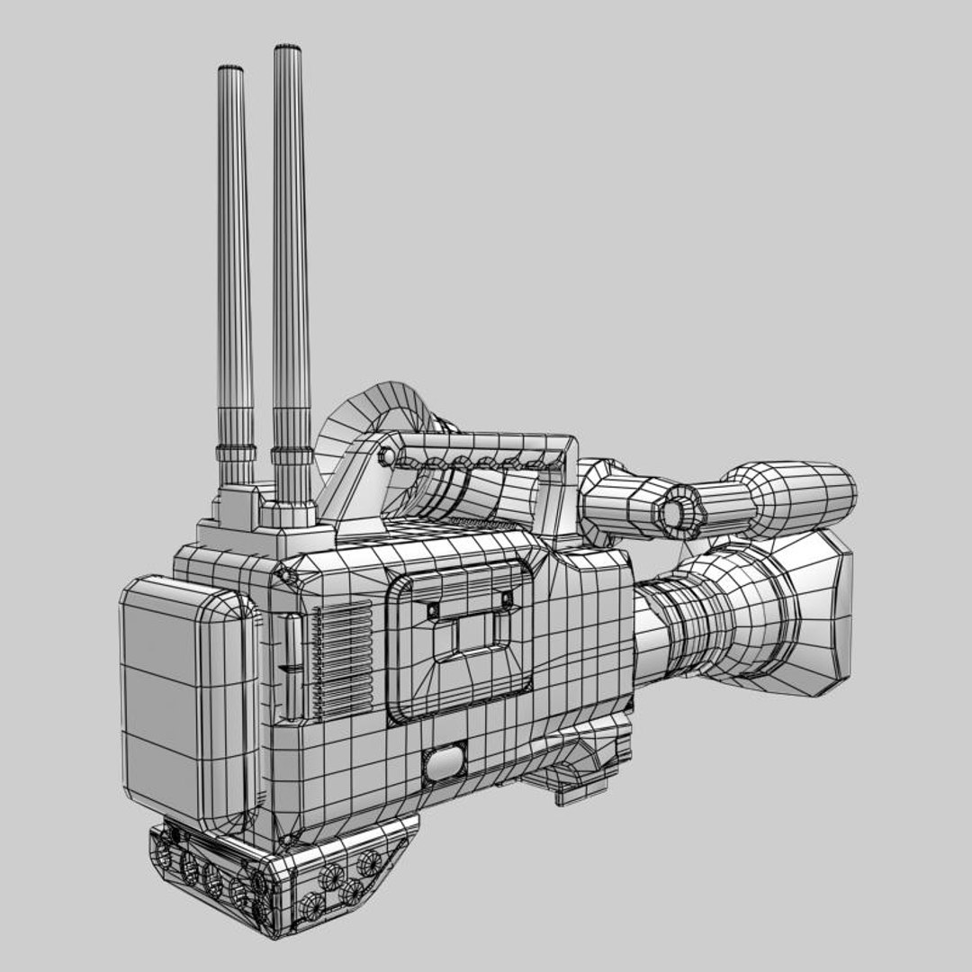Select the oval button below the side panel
click(445, 763)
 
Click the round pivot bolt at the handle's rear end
click(387, 456)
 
